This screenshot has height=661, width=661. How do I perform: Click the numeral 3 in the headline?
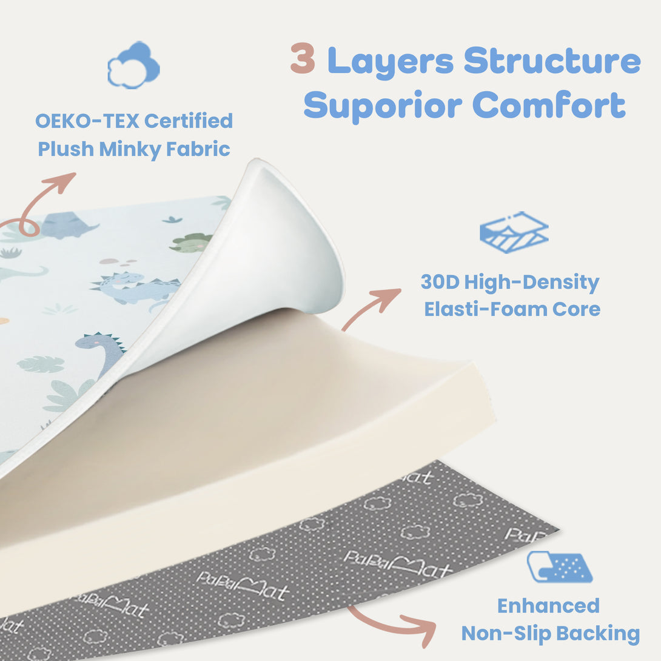pos(303,59)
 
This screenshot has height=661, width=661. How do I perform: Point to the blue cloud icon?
pos(133,65)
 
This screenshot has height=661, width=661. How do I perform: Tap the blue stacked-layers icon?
pos(514,232)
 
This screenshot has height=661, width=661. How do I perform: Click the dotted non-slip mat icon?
pos(559,568)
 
